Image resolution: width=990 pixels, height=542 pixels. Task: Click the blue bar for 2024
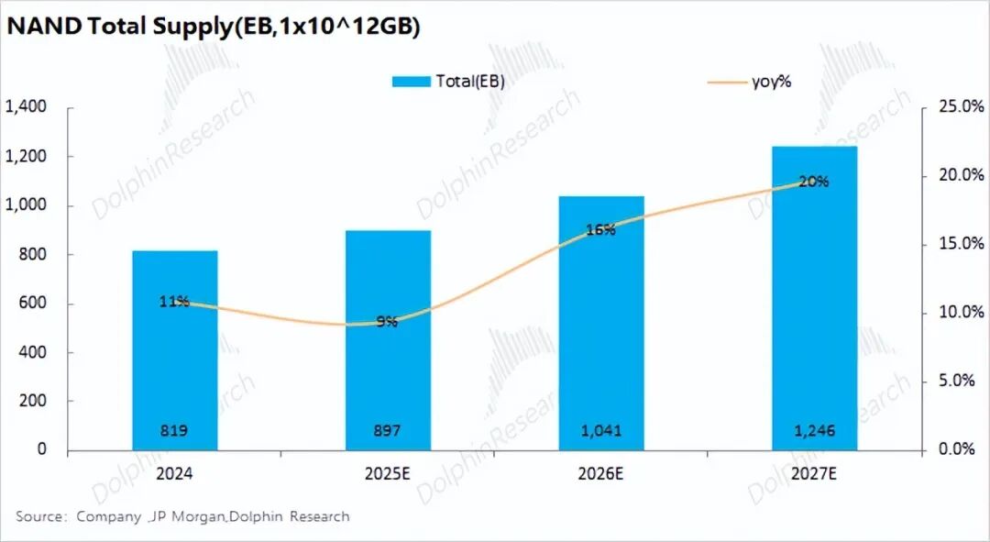click(175, 367)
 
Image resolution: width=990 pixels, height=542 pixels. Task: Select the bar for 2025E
click(388, 367)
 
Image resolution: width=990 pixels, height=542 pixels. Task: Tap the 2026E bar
click(601, 348)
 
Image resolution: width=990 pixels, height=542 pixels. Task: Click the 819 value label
click(175, 431)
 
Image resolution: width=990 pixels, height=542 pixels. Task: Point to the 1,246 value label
click(814, 431)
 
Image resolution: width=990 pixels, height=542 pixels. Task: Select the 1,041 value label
click(601, 431)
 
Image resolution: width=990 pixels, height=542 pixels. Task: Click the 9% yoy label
click(387, 322)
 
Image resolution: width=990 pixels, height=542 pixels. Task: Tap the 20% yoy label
click(814, 182)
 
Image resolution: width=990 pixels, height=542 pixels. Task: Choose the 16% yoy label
click(600, 230)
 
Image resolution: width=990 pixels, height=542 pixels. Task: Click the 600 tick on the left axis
click(34, 304)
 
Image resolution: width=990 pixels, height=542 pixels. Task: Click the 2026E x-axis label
click(600, 473)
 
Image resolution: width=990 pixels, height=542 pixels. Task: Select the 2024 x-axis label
click(174, 473)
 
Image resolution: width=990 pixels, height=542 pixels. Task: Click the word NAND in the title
click(43, 28)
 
